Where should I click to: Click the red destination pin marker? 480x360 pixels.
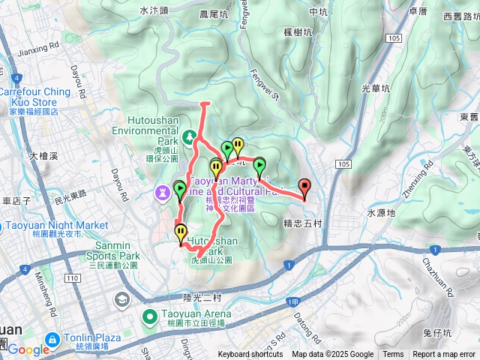tap(304, 187)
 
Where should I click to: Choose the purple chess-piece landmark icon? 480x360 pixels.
tap(162, 193)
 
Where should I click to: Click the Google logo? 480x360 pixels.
tap(28, 349)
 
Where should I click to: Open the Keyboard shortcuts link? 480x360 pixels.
tap(250, 355)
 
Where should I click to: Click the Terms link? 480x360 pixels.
tap(393, 355)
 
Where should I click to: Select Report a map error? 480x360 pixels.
tap(444, 355)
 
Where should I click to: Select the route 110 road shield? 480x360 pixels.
tap(72, 278)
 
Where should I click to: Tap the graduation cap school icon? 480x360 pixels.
tap(121, 300)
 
